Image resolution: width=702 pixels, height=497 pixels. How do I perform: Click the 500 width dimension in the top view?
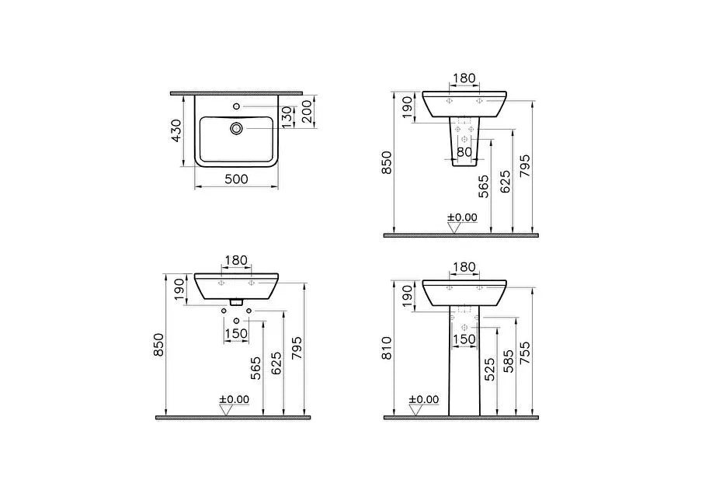(236, 179)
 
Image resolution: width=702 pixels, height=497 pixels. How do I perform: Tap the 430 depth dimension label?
(177, 130)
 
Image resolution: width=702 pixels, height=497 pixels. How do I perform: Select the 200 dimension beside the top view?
(307, 112)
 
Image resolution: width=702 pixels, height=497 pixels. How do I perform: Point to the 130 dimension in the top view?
(287, 116)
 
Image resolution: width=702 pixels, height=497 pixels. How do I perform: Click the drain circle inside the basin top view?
(236, 128)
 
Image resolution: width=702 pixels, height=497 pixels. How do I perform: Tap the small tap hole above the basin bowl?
(236, 106)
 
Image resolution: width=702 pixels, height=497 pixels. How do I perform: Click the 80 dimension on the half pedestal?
(464, 151)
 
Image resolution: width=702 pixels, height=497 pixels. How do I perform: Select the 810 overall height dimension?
(387, 348)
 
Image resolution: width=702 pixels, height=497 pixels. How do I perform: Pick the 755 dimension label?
(525, 353)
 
